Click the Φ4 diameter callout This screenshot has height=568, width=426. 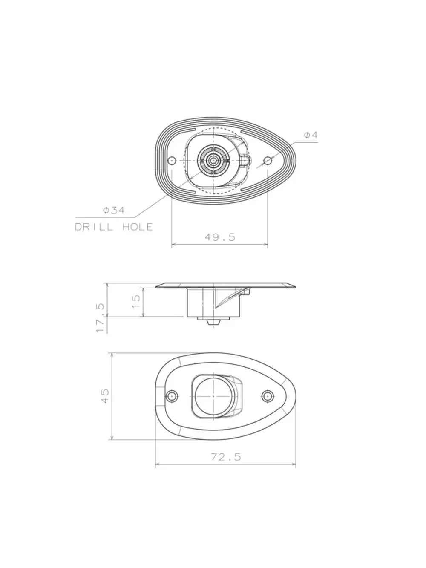[x=311, y=136]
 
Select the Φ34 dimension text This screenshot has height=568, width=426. [x=113, y=210]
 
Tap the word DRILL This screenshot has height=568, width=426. [x=94, y=227]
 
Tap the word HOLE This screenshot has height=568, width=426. [x=137, y=227]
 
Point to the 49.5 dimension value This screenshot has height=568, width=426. [x=219, y=237]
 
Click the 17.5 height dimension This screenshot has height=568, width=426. [x=101, y=318]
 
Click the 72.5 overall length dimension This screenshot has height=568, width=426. [x=226, y=457]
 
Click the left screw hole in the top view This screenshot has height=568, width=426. [x=172, y=161]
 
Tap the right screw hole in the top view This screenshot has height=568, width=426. [x=267, y=161]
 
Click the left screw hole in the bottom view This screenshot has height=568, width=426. [x=172, y=395]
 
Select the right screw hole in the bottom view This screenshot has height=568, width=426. [x=267, y=395]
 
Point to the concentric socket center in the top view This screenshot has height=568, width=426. [x=212, y=160]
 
